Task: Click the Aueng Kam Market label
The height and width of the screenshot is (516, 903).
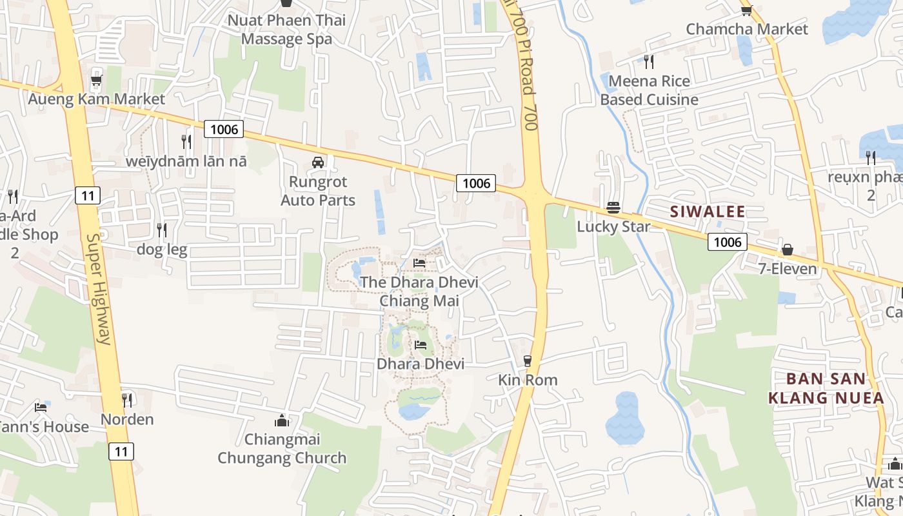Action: (96, 99)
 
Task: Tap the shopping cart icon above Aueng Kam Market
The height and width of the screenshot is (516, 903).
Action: (96, 81)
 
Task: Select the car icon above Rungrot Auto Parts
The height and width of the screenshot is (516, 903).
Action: (318, 163)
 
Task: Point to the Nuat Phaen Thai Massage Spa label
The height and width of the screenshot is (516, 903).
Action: (286, 30)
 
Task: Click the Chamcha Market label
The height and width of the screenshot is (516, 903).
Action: (747, 29)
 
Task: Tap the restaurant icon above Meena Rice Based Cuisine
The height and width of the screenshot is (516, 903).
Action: (649, 62)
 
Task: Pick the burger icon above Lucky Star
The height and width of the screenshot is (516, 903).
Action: (613, 208)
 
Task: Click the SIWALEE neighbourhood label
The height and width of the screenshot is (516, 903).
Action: (708, 212)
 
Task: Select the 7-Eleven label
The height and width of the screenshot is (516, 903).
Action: (787, 269)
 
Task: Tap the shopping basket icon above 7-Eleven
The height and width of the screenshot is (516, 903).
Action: (787, 250)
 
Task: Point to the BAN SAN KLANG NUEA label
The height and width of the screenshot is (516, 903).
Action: (826, 388)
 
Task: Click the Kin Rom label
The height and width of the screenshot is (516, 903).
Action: (528, 380)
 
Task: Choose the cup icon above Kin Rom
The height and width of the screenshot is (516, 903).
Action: (528, 361)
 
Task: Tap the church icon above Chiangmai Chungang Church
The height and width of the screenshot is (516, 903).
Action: (282, 421)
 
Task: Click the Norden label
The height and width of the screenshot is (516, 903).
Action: (127, 420)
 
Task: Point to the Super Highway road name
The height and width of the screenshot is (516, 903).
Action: (98, 288)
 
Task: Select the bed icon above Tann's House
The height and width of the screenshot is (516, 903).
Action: (41, 408)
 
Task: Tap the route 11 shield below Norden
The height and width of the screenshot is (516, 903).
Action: (121, 451)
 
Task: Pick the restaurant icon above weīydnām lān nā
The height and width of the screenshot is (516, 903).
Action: (186, 142)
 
